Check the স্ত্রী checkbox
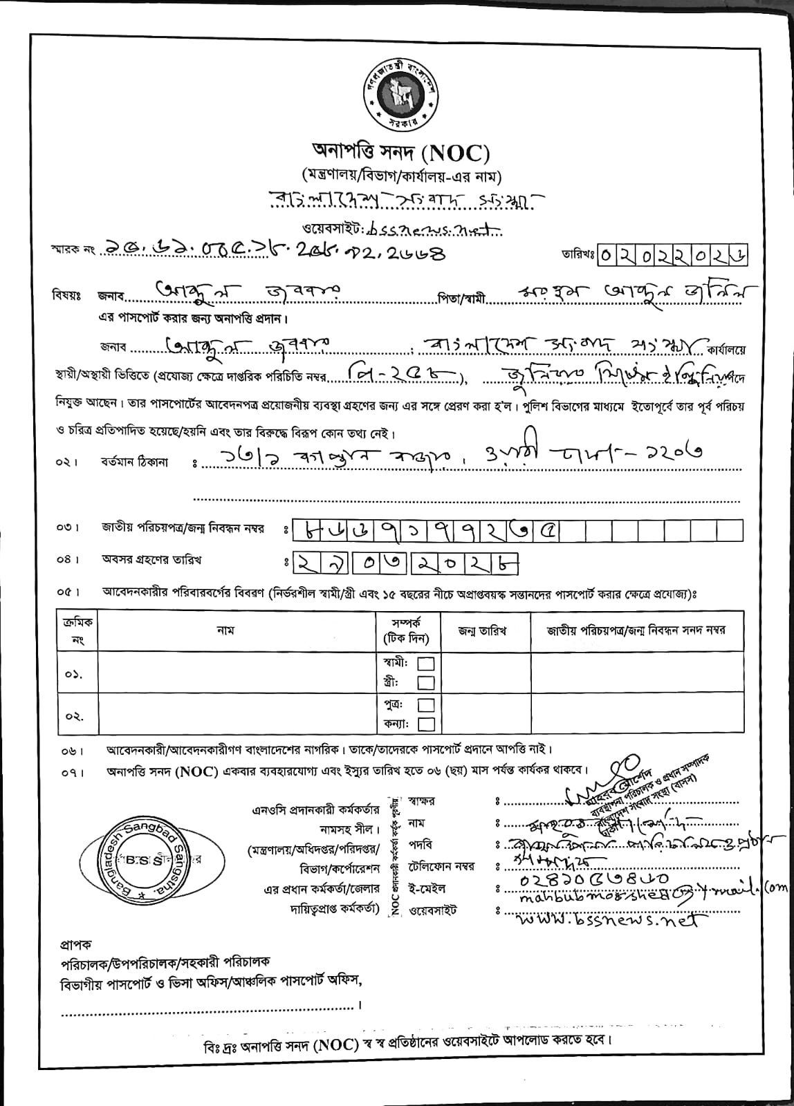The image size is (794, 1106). point(427,683)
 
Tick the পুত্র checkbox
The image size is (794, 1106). point(427,705)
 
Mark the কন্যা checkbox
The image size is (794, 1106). point(427,724)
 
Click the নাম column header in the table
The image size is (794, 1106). point(225,630)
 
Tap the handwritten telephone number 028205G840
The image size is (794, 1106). point(593,879)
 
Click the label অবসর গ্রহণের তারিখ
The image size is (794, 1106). point(152,559)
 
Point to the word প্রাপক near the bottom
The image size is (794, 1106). point(75,944)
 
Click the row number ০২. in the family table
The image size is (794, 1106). point(75,716)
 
